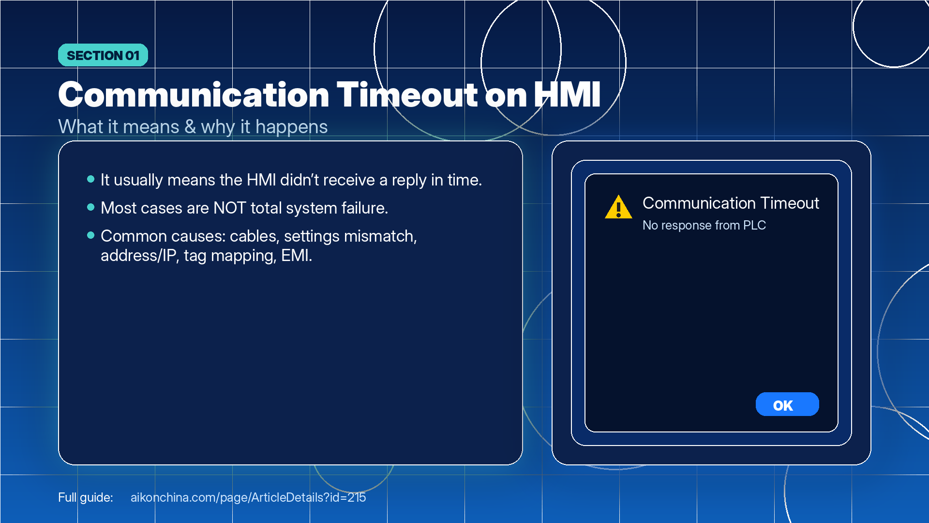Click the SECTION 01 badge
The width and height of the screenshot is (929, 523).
coord(103,55)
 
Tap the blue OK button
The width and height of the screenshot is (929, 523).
coord(787,404)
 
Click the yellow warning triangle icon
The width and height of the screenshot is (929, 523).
coord(618,207)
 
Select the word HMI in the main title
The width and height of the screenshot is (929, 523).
coord(567,94)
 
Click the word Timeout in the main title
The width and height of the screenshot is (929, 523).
coord(407,94)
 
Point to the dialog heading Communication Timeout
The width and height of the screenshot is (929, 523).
coord(731,203)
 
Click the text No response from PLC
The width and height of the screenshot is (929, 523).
coord(704,225)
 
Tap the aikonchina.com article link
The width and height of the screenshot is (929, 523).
coord(248,497)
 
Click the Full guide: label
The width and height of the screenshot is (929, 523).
coord(86,497)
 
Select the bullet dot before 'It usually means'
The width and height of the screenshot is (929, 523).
coord(90,179)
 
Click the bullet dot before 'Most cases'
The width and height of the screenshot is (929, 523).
coord(90,207)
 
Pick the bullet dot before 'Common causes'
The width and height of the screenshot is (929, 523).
coord(90,235)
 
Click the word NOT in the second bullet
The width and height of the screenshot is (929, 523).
coord(230,208)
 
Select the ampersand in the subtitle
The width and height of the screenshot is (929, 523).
coord(190,127)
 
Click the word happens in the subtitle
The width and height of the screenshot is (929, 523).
coord(291,127)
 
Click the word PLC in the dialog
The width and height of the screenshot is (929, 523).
coord(754,225)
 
